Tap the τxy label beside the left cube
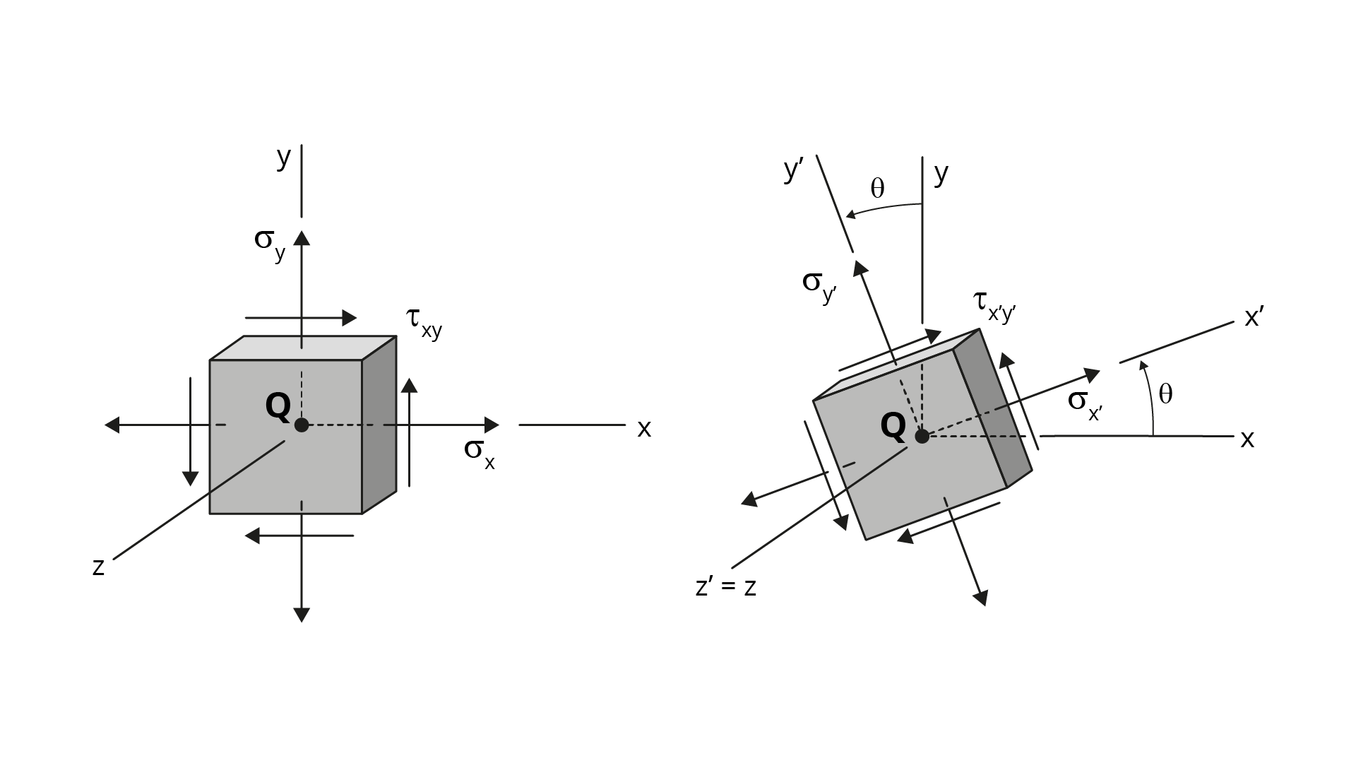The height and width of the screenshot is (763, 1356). click(x=424, y=323)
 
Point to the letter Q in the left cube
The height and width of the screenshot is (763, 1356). click(x=278, y=406)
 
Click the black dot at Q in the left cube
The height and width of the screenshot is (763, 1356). click(x=302, y=425)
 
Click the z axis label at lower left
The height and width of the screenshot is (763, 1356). click(x=98, y=567)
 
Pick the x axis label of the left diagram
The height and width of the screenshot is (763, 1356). click(x=644, y=429)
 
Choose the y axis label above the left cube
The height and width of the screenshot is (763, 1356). click(x=283, y=158)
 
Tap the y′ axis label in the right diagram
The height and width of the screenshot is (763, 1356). click(x=794, y=170)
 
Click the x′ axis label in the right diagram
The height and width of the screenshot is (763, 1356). click(x=1254, y=318)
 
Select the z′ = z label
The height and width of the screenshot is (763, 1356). click(x=726, y=587)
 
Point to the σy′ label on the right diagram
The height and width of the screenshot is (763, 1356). click(x=819, y=286)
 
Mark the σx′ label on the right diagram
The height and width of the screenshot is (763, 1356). click(x=1086, y=406)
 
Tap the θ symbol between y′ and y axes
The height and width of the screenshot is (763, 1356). click(x=877, y=188)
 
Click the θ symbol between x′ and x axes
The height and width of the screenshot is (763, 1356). click(x=1165, y=394)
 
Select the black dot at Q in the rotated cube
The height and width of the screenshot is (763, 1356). click(x=922, y=437)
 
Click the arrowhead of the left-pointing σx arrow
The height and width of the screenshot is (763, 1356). click(x=112, y=425)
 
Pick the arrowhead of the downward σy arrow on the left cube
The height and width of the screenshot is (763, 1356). click(x=302, y=615)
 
